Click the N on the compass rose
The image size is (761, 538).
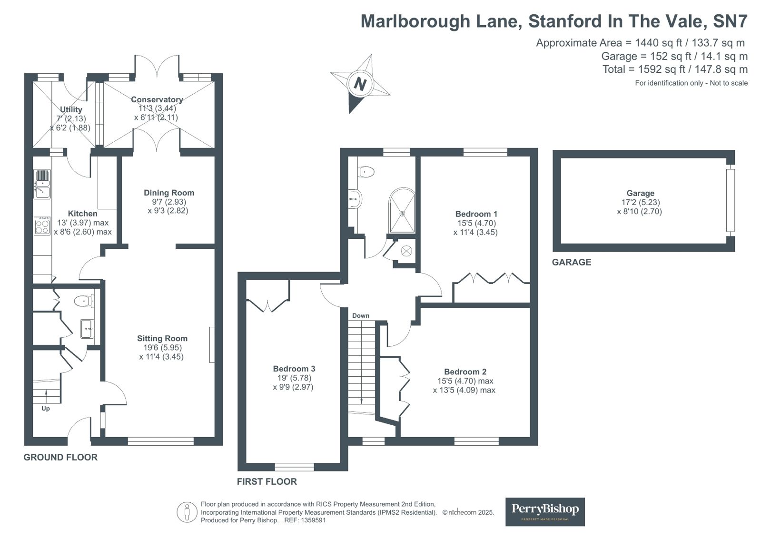[x=360, y=83]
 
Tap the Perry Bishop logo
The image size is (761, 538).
[x=545, y=512]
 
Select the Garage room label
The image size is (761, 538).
[x=641, y=193]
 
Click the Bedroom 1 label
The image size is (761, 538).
[x=476, y=214]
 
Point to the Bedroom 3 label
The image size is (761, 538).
[x=294, y=369]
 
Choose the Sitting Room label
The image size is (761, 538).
[x=162, y=338]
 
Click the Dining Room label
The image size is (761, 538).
[x=169, y=193]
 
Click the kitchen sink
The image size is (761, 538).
[x=42, y=184]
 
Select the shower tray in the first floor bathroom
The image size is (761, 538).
[x=402, y=211]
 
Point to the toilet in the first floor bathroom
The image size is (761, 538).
[x=366, y=172]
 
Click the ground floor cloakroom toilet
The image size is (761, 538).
[x=84, y=301]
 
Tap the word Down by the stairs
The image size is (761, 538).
[x=361, y=315]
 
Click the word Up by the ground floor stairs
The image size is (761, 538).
[x=46, y=409]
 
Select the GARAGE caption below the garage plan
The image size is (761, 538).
[x=572, y=262]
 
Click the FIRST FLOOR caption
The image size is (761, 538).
[x=267, y=481]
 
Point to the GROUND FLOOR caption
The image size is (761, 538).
[x=60, y=457]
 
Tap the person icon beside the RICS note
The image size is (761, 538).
[x=187, y=512]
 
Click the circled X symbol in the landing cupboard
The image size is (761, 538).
[x=406, y=251]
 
